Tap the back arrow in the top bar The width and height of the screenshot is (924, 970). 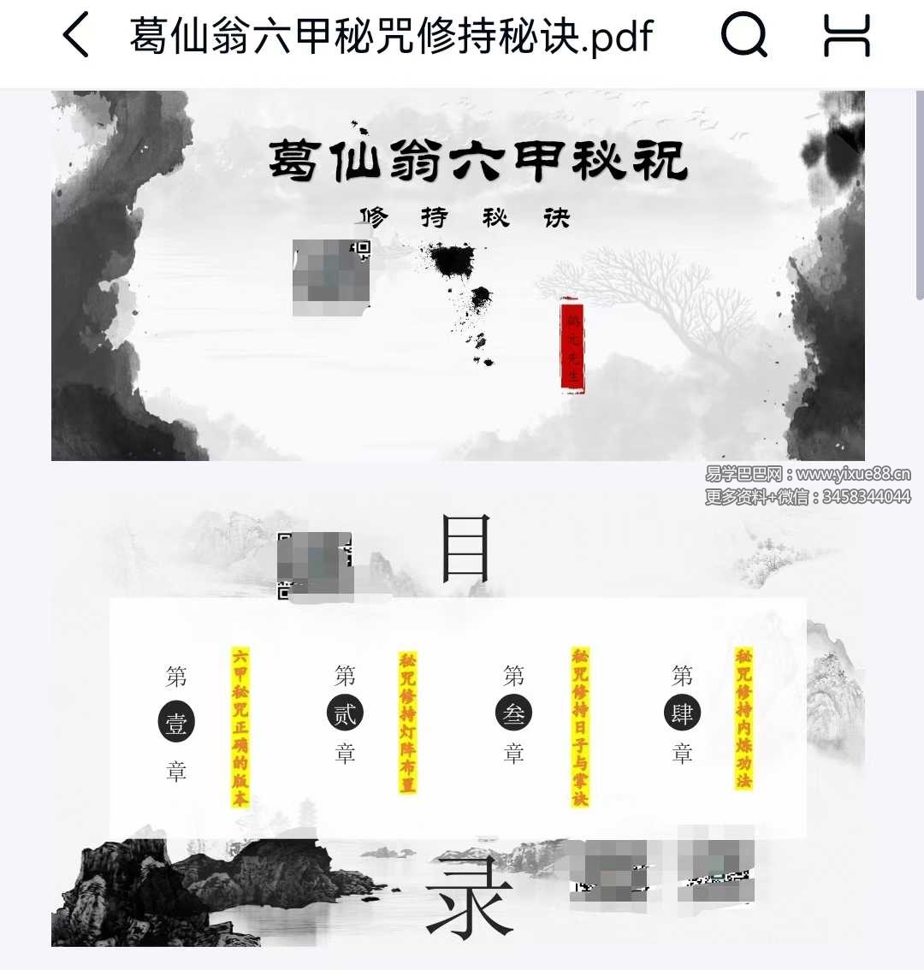pyautogui.click(x=76, y=36)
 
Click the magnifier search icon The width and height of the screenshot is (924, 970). pyautogui.click(x=744, y=36)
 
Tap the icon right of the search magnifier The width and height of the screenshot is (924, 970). pyautogui.click(x=846, y=36)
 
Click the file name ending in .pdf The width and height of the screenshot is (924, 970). pyautogui.click(x=391, y=36)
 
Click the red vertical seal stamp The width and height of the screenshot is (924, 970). pyautogui.click(x=572, y=346)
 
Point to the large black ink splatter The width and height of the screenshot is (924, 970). pyautogui.click(x=452, y=261)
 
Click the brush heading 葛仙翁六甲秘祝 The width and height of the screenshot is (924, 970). pyautogui.click(x=478, y=160)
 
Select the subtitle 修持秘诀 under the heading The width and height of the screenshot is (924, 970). pyautogui.click(x=465, y=218)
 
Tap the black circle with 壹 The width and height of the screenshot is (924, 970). pyautogui.click(x=176, y=724)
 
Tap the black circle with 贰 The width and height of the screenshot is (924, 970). pyautogui.click(x=345, y=713)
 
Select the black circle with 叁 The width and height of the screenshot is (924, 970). pyautogui.click(x=513, y=713)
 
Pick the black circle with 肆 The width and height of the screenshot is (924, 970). pyautogui.click(x=682, y=713)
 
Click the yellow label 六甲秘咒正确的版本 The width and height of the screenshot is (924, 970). pyautogui.click(x=240, y=727)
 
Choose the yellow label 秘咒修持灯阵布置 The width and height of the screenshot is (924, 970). pyautogui.click(x=407, y=722)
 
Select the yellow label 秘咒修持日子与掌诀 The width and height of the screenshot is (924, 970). pyautogui.click(x=580, y=727)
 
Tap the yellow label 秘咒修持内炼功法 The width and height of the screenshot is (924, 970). pyautogui.click(x=743, y=719)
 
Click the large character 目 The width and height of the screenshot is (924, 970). pyautogui.click(x=465, y=549)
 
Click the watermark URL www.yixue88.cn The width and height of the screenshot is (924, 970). pyautogui.click(x=853, y=475)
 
